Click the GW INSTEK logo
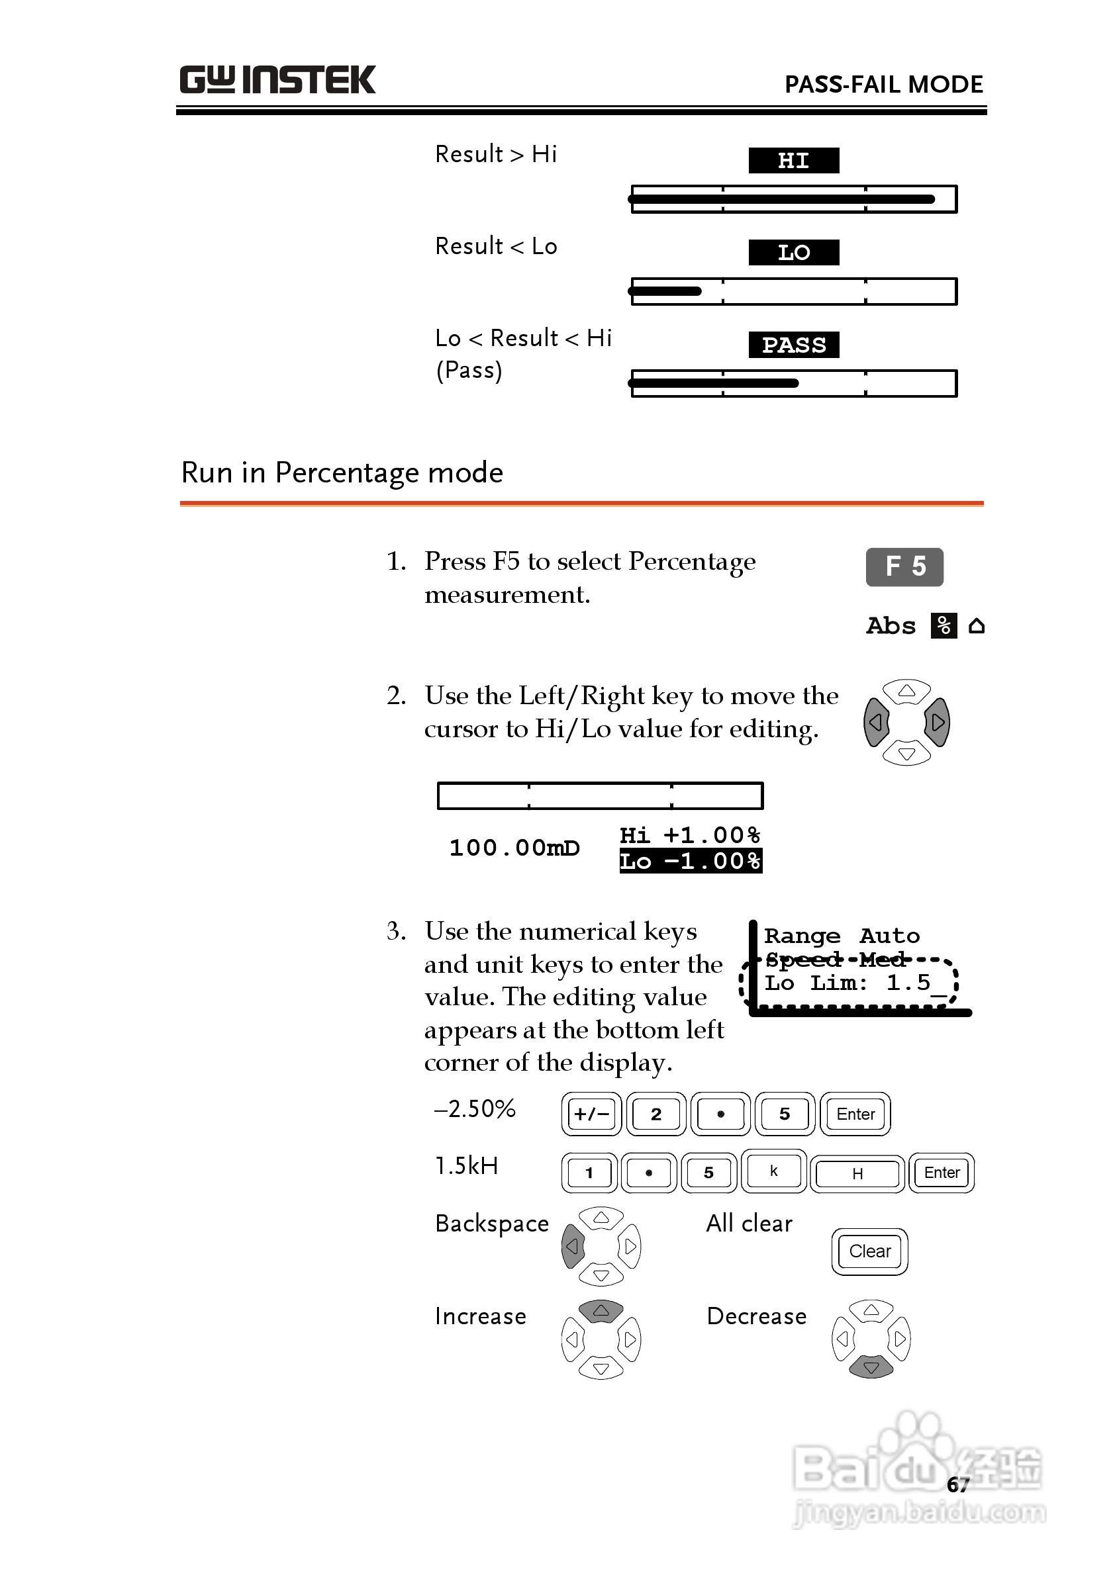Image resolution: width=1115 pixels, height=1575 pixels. click(277, 79)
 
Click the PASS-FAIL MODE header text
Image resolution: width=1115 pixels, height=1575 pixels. click(883, 85)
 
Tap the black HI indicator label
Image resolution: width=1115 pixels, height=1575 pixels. click(793, 161)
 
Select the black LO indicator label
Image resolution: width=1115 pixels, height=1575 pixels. click(793, 253)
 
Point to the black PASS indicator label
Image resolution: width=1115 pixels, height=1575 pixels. click(793, 345)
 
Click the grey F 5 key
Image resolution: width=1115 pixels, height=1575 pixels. click(904, 567)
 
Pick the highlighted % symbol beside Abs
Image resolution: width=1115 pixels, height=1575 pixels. click(944, 626)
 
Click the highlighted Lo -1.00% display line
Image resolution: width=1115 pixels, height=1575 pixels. click(690, 860)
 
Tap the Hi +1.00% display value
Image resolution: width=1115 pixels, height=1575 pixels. click(690, 835)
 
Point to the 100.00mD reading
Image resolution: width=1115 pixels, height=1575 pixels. click(514, 848)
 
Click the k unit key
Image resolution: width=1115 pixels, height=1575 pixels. click(774, 1171)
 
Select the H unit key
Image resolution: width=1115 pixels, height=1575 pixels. click(857, 1173)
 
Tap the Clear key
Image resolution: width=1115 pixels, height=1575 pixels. click(869, 1251)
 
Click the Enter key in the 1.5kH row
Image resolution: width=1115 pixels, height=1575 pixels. click(942, 1173)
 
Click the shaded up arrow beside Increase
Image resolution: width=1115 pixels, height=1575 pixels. click(601, 1311)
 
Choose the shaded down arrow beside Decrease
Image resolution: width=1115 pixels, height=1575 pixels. click(871, 1367)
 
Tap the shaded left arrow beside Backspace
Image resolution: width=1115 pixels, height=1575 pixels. click(573, 1246)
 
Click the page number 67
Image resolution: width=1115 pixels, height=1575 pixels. click(957, 1485)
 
